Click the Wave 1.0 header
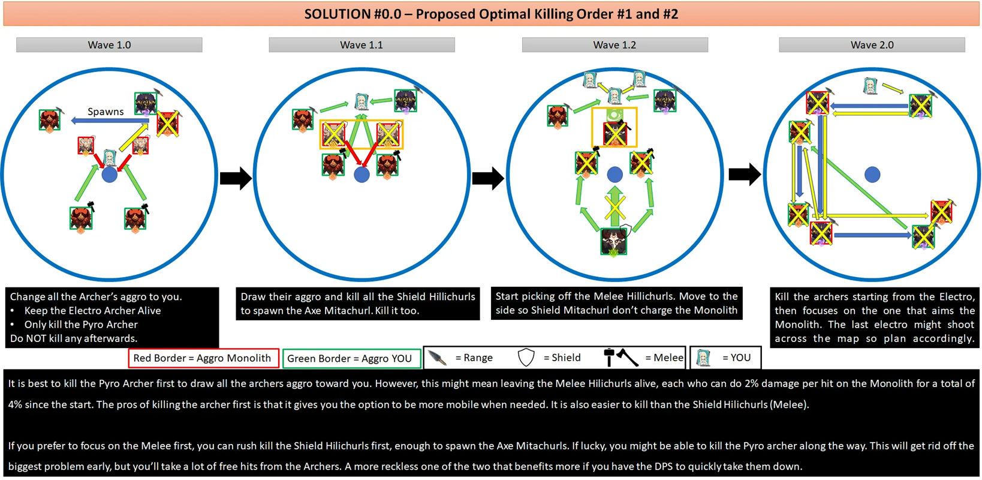tap(109, 45)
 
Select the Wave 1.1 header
tap(362, 45)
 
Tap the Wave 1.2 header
tap(614, 45)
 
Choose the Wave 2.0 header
tap(872, 45)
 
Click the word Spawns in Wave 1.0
tap(106, 112)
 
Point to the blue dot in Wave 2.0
tap(872, 175)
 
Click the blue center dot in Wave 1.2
tap(615, 175)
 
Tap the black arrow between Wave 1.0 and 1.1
tap(236, 178)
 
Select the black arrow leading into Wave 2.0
tap(745, 175)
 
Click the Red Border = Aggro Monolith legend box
tap(203, 358)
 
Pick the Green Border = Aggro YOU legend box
tap(351, 358)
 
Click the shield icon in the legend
tap(526, 358)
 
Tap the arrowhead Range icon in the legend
tap(438, 358)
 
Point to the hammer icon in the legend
tap(609, 358)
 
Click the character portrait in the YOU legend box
tap(704, 358)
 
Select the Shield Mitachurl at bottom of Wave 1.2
tap(614, 241)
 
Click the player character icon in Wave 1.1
tap(362, 101)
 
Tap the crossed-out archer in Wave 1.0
tap(168, 124)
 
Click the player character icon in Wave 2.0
tap(870, 86)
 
